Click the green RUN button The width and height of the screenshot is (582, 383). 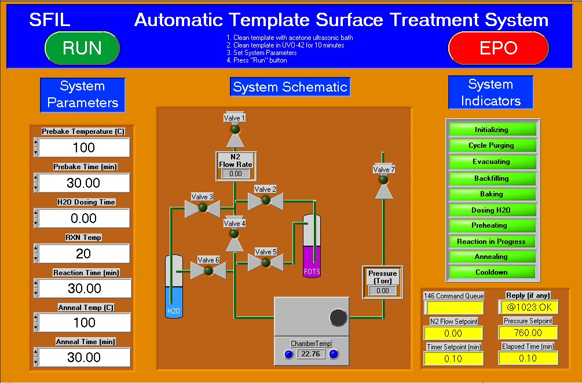click(82, 48)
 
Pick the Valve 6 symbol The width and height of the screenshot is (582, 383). click(208, 271)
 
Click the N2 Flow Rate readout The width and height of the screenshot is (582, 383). click(235, 173)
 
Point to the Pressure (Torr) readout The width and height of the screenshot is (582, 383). click(382, 290)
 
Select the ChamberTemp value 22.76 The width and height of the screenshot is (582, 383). click(312, 354)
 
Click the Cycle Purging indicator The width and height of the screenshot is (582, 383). click(492, 145)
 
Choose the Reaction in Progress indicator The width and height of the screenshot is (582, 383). click(492, 241)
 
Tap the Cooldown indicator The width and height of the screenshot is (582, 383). click(492, 272)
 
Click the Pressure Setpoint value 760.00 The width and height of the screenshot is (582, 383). click(528, 333)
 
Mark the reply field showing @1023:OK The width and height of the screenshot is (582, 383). click(528, 307)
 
